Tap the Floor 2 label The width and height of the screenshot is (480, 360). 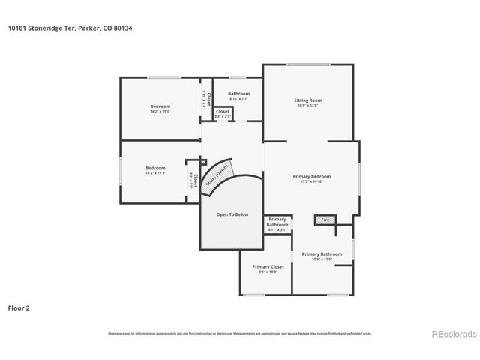(19, 307)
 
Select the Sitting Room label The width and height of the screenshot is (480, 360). (307, 100)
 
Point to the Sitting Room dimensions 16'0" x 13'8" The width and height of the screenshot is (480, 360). (307, 106)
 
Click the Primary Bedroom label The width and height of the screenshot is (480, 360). (311, 176)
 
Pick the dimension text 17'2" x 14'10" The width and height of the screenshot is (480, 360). (311, 182)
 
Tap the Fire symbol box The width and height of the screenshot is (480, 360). (324, 220)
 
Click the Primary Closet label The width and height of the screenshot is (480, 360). (268, 266)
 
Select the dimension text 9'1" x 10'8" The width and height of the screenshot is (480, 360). (268, 272)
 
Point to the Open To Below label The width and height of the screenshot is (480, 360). (232, 214)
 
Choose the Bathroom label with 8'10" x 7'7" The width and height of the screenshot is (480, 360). (238, 93)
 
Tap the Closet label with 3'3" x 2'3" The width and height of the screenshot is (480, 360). (223, 111)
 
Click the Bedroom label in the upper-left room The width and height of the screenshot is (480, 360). (160, 106)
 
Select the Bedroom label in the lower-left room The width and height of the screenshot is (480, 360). (155, 167)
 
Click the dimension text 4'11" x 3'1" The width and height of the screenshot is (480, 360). (277, 230)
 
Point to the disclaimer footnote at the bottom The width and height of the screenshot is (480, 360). (239, 333)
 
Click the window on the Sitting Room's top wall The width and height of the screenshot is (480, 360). (308, 64)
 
